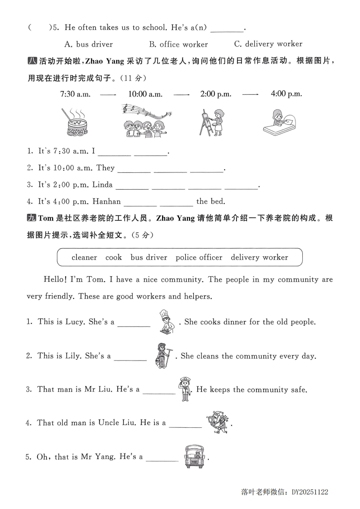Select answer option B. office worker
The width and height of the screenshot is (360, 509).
(x=178, y=44)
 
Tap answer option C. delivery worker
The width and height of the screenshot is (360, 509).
(x=268, y=44)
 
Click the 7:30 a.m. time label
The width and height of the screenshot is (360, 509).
(x=75, y=94)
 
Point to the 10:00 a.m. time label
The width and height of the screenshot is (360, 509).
(x=145, y=94)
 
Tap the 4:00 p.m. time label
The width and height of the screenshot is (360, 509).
(x=286, y=94)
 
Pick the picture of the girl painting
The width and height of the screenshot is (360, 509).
(x=212, y=122)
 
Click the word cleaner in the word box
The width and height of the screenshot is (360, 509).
(x=84, y=257)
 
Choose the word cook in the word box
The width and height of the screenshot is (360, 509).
(x=113, y=257)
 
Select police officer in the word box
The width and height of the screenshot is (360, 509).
(x=199, y=257)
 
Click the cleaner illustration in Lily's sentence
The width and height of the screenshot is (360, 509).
(x=162, y=355)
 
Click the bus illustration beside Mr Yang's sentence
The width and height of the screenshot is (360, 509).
(x=194, y=456)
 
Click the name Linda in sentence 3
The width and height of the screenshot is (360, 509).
(x=102, y=185)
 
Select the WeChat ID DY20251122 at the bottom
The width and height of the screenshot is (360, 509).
(x=310, y=492)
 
